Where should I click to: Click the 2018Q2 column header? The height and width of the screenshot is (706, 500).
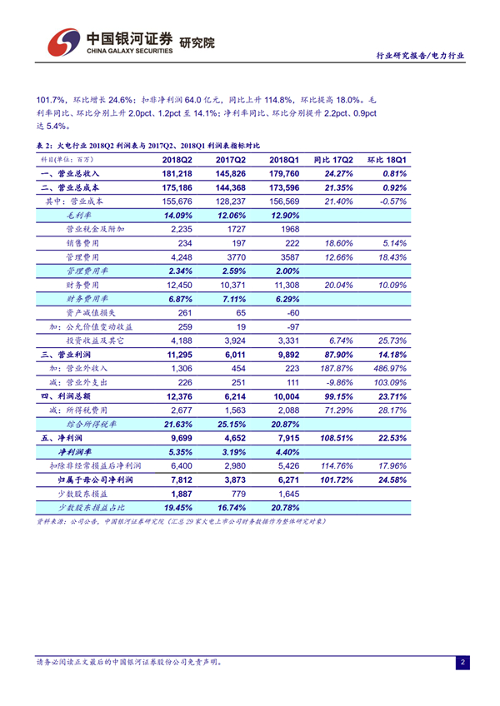pos(177,159)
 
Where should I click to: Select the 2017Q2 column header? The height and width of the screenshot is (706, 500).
pos(231,159)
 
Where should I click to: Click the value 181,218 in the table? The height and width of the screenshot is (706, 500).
pos(177,173)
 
